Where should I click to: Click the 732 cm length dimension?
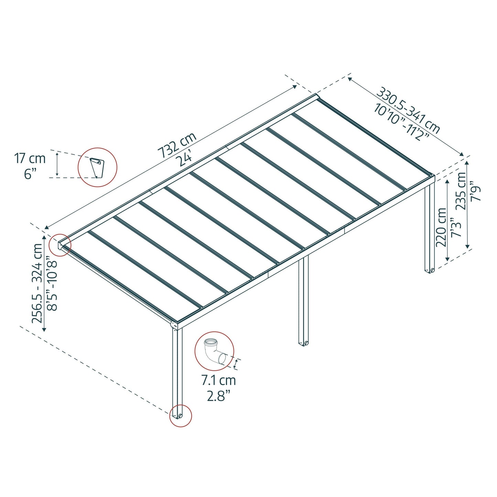[x=177, y=145]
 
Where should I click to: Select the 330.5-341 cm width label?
[x=408, y=110]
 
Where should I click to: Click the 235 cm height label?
[x=461, y=191]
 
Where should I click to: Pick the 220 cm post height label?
[x=441, y=227]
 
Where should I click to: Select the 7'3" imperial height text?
[x=455, y=227]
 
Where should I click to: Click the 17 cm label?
[x=30, y=159]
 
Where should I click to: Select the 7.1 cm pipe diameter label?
[x=218, y=380]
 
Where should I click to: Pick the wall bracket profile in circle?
[x=97, y=168]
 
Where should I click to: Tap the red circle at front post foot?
[x=181, y=416]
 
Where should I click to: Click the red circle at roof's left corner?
[x=60, y=245]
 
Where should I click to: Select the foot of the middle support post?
[x=303, y=343]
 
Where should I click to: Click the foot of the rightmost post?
[x=430, y=270]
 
